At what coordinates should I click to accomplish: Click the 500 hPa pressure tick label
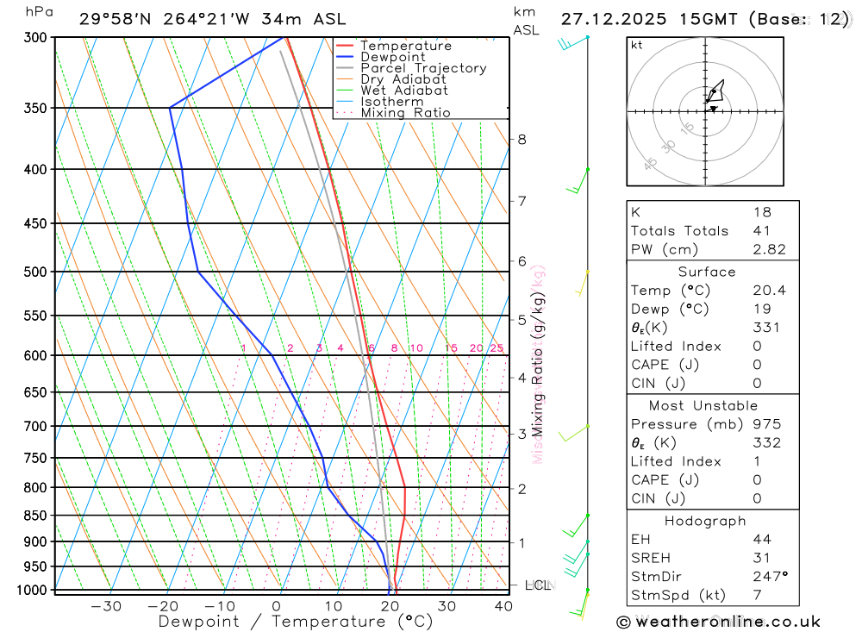[x=35, y=272]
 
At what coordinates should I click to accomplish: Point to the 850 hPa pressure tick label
[x=35, y=516]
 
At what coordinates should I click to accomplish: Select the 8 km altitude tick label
[x=522, y=139]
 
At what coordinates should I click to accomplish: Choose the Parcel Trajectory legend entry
[x=422, y=68]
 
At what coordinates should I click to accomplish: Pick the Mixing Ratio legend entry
[x=405, y=113]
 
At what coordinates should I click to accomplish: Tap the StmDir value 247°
[x=769, y=577]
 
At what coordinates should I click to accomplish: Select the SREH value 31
[x=760, y=558]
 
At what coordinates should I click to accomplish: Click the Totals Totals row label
[x=679, y=231]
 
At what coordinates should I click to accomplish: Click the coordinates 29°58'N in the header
[x=116, y=19]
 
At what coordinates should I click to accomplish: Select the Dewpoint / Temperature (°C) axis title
[x=296, y=622]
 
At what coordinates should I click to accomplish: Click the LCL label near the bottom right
[x=538, y=585]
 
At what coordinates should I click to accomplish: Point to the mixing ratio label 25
[x=497, y=348]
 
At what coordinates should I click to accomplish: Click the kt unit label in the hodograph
[x=636, y=45]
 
